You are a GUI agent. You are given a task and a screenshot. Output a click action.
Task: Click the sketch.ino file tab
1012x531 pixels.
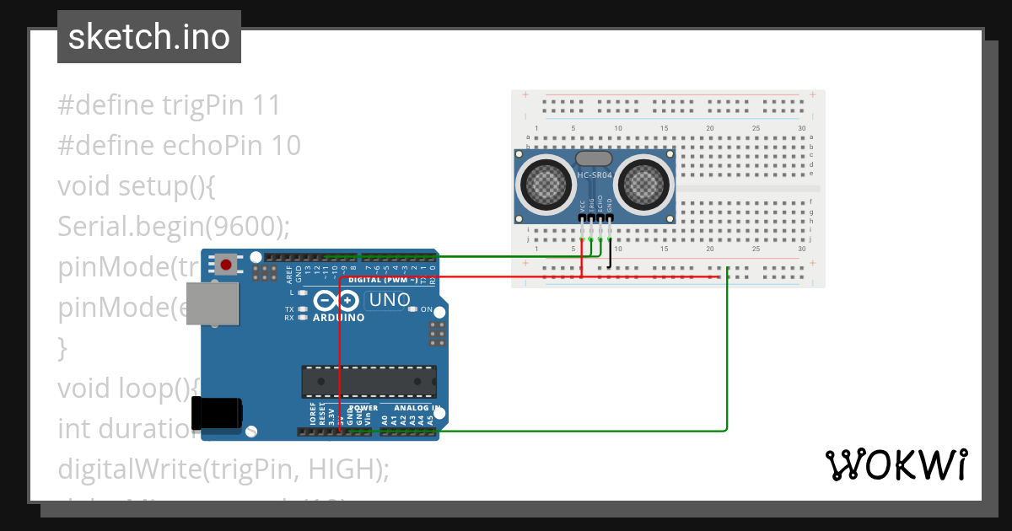click(x=149, y=37)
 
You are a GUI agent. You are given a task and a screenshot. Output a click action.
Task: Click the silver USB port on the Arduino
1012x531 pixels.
click(x=212, y=303)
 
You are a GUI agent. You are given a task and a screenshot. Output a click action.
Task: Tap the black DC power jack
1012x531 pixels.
click(x=217, y=412)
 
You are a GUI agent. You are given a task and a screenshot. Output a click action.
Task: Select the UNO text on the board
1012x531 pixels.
click(x=389, y=300)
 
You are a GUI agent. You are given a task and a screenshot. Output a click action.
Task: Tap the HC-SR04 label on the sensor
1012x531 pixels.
click(x=595, y=175)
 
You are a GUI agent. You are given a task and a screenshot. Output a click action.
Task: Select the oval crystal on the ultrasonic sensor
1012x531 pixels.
click(x=594, y=158)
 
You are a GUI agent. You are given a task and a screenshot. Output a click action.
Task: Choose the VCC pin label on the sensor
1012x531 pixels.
click(x=583, y=206)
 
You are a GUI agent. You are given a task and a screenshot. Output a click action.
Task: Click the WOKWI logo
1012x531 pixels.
click(x=896, y=464)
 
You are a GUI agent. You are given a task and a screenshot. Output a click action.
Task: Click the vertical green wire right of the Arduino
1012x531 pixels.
click(x=727, y=354)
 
